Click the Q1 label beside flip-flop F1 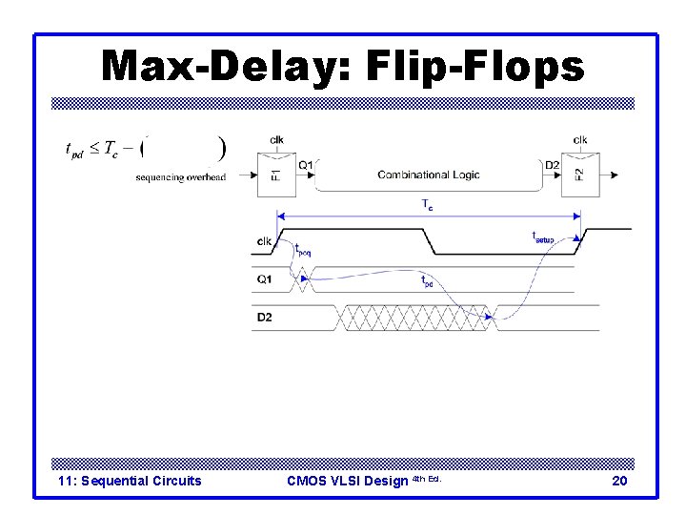coord(306,165)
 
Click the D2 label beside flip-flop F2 coord(552,165)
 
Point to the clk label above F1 coord(275,140)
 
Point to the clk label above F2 coord(580,140)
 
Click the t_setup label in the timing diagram coord(542,237)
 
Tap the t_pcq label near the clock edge coord(302,250)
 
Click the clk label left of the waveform coord(264,241)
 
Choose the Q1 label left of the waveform coord(264,279)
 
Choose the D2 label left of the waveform coord(264,317)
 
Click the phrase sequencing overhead coord(180,177)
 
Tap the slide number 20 coord(619,481)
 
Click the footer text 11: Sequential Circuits coord(130,481)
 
